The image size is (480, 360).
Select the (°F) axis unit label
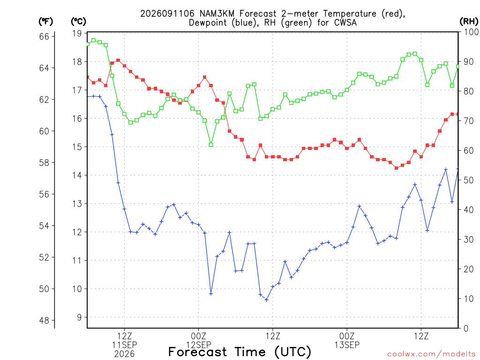tap(45, 22)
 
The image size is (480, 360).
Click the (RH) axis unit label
tap(469, 22)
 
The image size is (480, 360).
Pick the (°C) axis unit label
tap(78, 22)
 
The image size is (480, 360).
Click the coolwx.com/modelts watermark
tap(431, 354)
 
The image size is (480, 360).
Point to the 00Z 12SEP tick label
tap(198, 340)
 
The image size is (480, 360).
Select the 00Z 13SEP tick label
tap(347, 340)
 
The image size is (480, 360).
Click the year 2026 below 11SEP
tap(124, 354)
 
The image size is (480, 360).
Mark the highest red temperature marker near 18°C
tap(118, 60)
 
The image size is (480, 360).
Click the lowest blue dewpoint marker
tap(266, 300)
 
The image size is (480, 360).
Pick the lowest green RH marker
tap(211, 145)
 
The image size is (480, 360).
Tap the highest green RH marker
tap(93, 40)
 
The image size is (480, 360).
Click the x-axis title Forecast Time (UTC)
tap(240, 352)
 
